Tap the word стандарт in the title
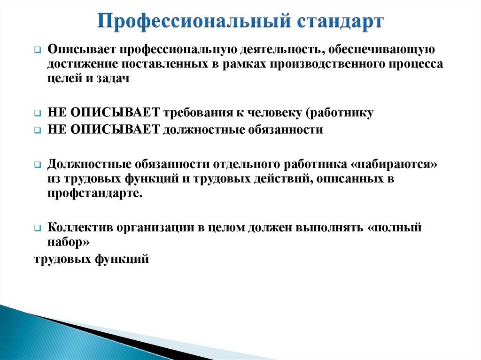click(340, 22)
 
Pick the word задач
click(113, 79)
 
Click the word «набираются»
click(394, 165)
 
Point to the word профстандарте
click(95, 193)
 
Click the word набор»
click(69, 242)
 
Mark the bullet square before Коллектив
click(38, 229)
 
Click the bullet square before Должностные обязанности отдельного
click(38, 165)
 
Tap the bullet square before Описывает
click(38, 50)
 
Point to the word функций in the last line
click(122, 259)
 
